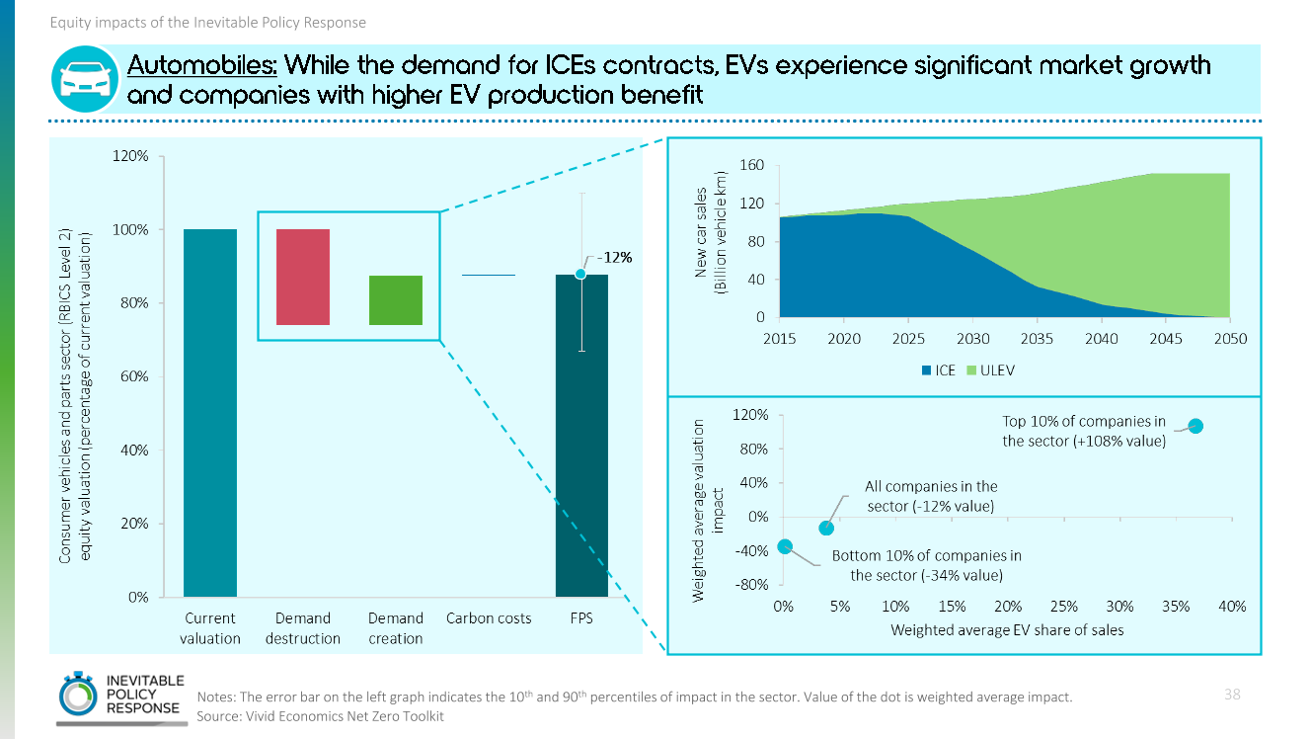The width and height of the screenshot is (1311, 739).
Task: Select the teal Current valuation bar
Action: pyautogui.click(x=210, y=412)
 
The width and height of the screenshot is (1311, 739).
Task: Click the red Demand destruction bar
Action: pyautogui.click(x=303, y=277)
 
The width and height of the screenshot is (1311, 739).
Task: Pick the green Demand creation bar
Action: pyautogui.click(x=396, y=300)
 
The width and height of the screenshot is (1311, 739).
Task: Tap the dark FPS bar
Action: pyautogui.click(x=581, y=435)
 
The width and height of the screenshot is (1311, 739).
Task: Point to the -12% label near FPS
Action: pyautogui.click(x=617, y=258)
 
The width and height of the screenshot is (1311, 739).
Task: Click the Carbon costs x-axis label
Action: pyautogui.click(x=488, y=618)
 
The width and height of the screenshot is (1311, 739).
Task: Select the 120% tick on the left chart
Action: pyautogui.click(x=130, y=156)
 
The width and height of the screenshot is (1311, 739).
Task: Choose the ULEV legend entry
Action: pyautogui.click(x=991, y=370)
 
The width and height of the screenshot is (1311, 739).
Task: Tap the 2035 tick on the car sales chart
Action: pyautogui.click(x=1037, y=338)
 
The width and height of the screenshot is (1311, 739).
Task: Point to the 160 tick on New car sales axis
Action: pyautogui.click(x=752, y=165)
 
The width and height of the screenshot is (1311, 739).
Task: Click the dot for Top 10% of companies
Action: pyautogui.click(x=1195, y=426)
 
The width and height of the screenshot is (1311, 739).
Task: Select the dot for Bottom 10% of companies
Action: pyautogui.click(x=785, y=546)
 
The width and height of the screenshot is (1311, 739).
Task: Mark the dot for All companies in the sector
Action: pyautogui.click(x=827, y=528)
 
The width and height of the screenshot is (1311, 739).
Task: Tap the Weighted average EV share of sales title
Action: pyautogui.click(x=1007, y=629)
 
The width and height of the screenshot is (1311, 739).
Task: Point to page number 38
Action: pyautogui.click(x=1232, y=694)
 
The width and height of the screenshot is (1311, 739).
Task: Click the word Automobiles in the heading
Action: pyautogui.click(x=203, y=66)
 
